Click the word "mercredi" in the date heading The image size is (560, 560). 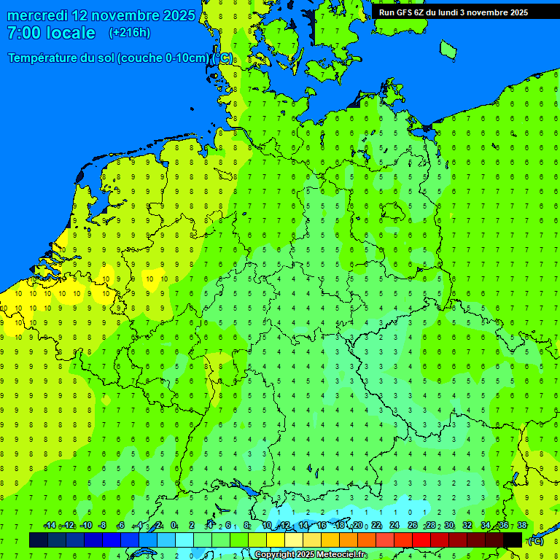(x=37, y=15)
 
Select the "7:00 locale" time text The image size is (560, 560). (x=51, y=33)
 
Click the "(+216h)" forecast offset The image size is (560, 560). (x=129, y=33)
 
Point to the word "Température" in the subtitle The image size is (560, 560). (x=47, y=58)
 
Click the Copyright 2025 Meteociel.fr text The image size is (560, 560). (x=311, y=555)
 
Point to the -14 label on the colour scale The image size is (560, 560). (x=50, y=526)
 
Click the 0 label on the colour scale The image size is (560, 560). (x=174, y=526)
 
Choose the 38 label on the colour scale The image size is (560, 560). (x=522, y=526)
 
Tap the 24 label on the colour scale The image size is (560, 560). (x=394, y=526)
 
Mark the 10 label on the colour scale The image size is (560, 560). (x=267, y=526)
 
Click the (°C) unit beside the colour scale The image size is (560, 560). (x=536, y=540)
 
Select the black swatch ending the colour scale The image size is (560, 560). (x=513, y=540)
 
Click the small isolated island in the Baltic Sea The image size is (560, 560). (x=448, y=49)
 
